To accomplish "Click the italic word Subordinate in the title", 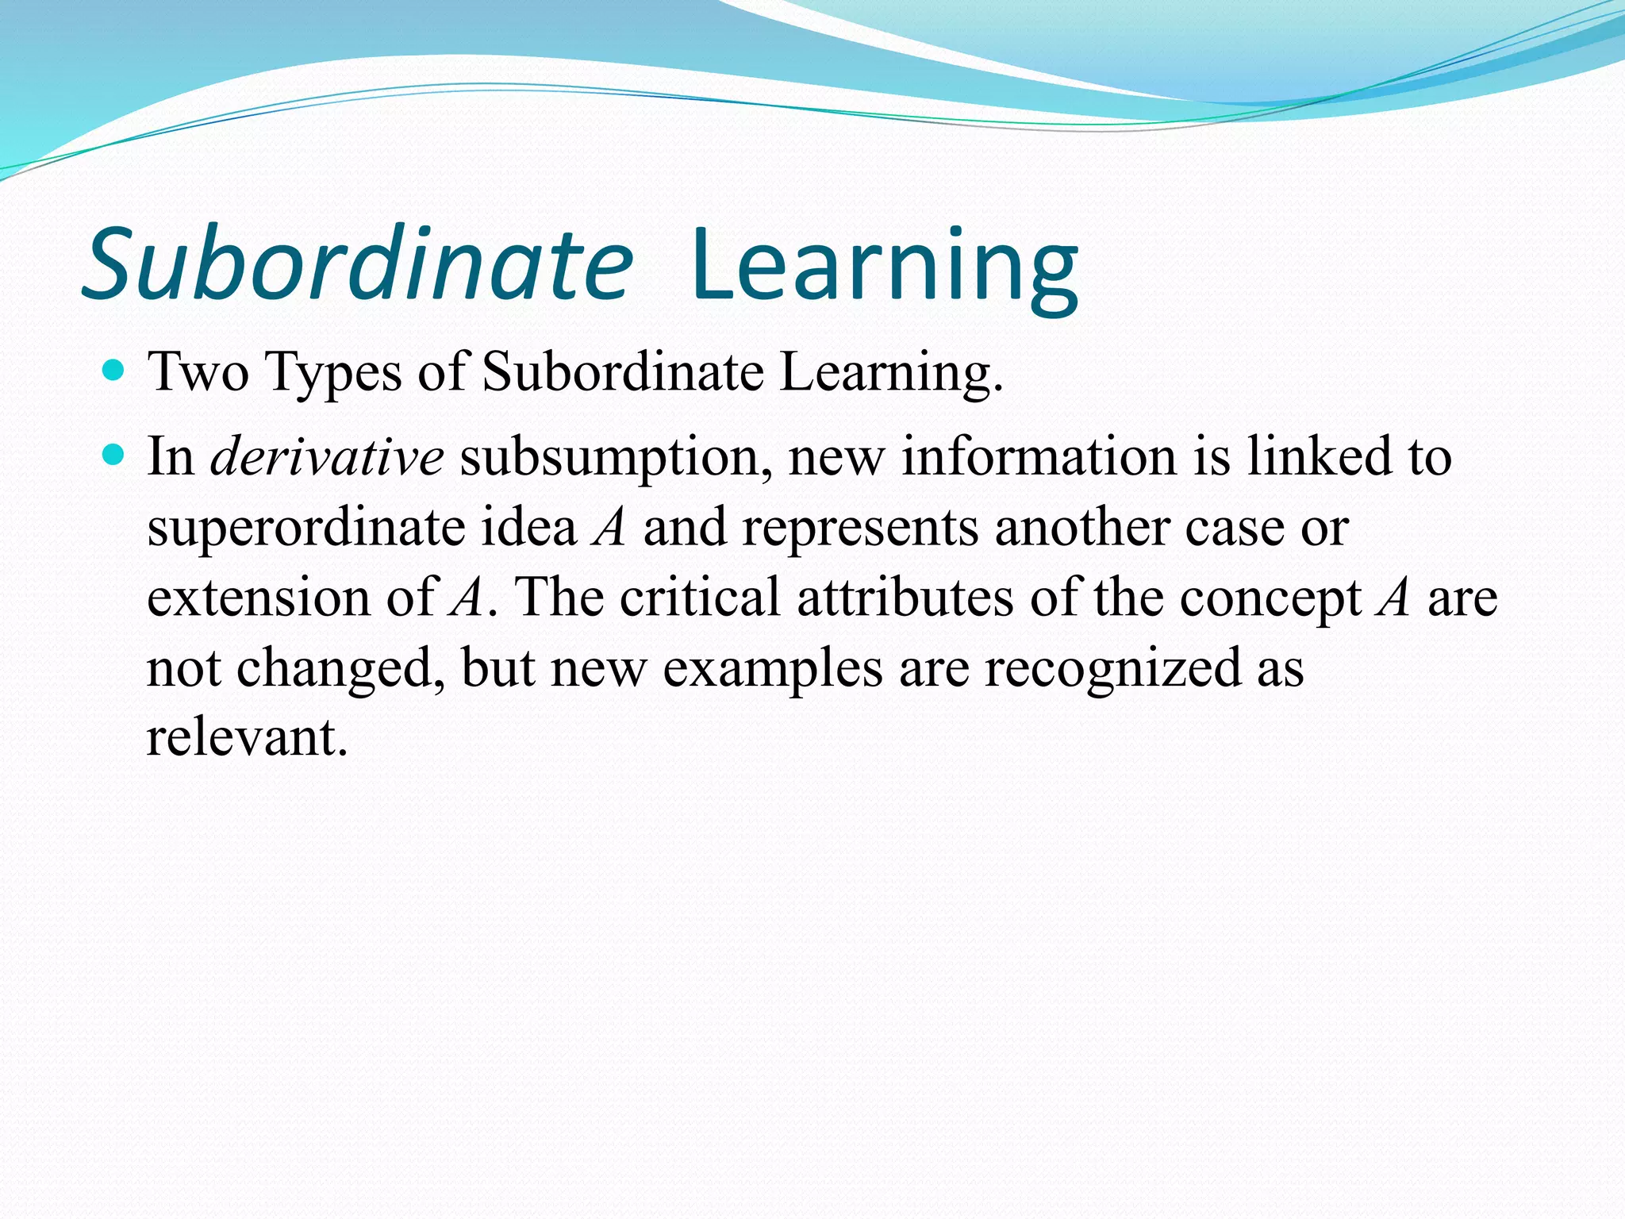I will pyautogui.click(x=357, y=263).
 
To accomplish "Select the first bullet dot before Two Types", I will pyautogui.click(x=114, y=370).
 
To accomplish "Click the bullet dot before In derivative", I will pyautogui.click(x=114, y=455).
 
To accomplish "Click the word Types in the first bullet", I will pyautogui.click(x=333, y=373).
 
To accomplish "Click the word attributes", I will pyautogui.click(x=905, y=598).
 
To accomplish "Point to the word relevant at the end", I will pyautogui.click(x=247, y=738).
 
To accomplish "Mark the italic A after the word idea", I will pyautogui.click(x=609, y=528).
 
